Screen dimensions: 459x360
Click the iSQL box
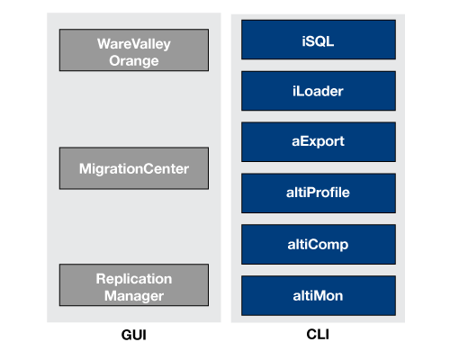319,40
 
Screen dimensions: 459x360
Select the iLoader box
319,91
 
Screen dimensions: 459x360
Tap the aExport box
319,142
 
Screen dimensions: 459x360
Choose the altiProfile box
319,193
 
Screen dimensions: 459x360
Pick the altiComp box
319,244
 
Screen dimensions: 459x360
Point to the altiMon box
319,295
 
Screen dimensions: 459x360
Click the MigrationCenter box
134,168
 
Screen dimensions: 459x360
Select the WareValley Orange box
134,50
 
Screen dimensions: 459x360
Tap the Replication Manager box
134,285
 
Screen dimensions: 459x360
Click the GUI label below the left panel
134,335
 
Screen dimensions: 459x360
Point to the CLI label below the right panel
318,334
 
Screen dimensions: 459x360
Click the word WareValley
134,44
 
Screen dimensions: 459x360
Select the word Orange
134,61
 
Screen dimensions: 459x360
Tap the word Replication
134,279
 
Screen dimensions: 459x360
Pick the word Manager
134,296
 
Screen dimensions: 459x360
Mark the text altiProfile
318,193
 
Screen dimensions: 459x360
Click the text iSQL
318,41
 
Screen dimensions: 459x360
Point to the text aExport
318,141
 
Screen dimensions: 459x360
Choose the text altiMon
318,296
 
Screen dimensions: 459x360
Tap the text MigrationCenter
134,169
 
